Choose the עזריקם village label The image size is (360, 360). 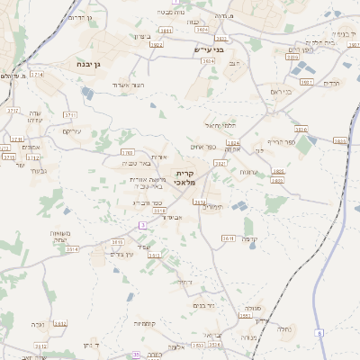(x=71, y=130)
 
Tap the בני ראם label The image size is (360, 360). (x=281, y=92)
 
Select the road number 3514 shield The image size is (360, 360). (x=73, y=248)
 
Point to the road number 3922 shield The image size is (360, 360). (x=156, y=43)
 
